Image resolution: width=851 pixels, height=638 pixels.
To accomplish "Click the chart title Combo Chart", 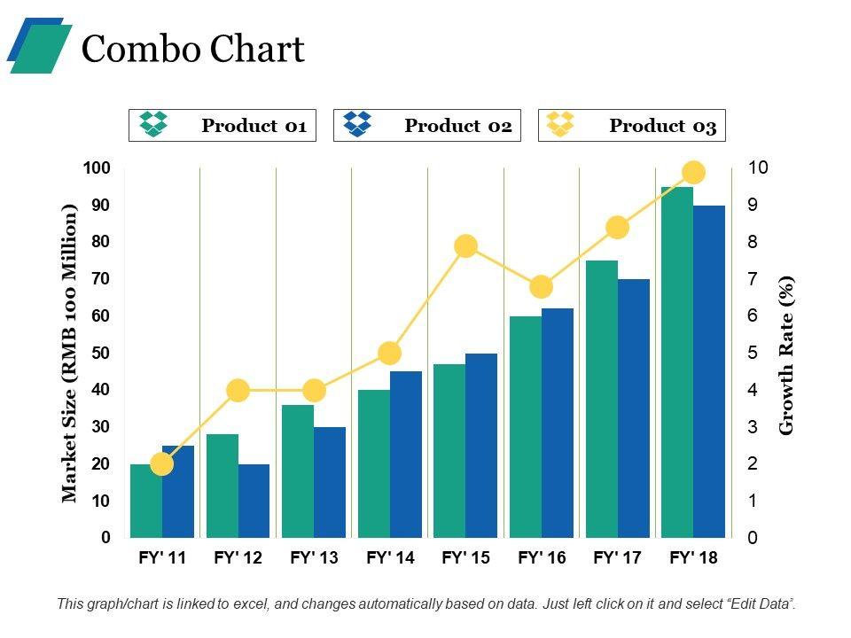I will point(192,50).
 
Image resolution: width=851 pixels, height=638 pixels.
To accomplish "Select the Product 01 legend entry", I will point(223,126).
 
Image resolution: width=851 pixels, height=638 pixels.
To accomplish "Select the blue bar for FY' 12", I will point(254,501).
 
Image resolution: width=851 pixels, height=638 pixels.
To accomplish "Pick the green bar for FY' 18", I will point(677,363).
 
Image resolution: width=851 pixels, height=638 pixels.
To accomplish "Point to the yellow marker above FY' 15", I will point(466,246).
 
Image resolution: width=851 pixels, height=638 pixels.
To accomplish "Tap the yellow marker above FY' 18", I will point(694,173).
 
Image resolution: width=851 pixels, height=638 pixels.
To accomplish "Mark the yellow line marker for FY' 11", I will point(162,464).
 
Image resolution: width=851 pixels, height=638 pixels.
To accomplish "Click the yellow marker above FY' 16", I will point(542,287).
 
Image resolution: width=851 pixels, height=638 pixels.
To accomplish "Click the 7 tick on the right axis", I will point(753,279).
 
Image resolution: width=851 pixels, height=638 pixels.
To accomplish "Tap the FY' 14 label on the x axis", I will point(390,558).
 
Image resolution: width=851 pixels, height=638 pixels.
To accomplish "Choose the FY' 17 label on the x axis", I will point(617,558).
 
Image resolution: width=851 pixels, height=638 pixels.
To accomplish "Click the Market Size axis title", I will point(70,353).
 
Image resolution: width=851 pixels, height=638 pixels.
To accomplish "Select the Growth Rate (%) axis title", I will point(786,354).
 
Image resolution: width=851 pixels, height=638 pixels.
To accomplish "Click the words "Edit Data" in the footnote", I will point(760,603).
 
